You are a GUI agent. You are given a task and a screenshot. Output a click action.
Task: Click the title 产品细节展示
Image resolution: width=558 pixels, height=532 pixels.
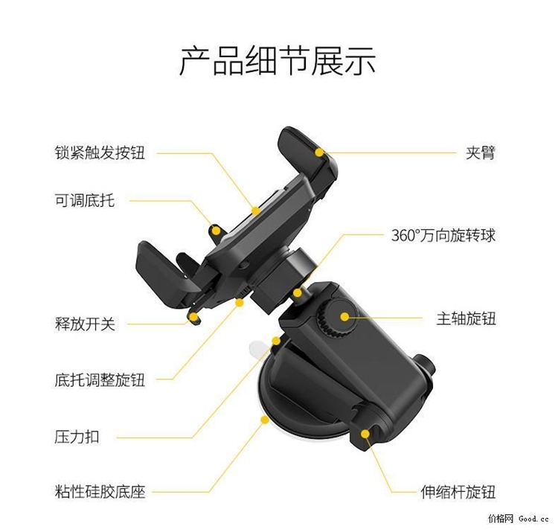click(278, 61)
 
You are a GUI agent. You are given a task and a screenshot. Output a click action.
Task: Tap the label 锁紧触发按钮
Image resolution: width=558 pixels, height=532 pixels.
click(100, 153)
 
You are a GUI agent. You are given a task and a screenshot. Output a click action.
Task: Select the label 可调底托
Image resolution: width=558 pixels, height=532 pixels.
click(85, 201)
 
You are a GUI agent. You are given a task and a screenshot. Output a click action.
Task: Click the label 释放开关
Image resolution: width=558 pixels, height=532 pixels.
click(85, 324)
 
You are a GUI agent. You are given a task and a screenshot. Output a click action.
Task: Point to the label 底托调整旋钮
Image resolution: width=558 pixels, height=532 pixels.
click(100, 379)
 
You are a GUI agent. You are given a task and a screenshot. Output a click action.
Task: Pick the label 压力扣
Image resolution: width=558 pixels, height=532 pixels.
click(77, 437)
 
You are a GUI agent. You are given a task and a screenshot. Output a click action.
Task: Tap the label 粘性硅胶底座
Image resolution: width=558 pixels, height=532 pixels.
click(100, 492)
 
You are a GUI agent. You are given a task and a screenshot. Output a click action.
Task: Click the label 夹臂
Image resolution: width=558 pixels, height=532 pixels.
click(481, 153)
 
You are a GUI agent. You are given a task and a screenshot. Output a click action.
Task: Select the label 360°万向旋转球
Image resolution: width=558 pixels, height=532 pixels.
click(443, 235)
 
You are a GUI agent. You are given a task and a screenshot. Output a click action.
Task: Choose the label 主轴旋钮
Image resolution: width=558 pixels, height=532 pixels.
click(466, 318)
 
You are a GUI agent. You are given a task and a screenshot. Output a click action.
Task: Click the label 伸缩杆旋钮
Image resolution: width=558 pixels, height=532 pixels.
click(458, 492)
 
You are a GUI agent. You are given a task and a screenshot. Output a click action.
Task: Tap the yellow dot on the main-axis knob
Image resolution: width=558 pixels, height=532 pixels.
click(344, 316)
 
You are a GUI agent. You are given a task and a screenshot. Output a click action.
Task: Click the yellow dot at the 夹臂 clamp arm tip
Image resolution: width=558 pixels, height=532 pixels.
click(319, 153)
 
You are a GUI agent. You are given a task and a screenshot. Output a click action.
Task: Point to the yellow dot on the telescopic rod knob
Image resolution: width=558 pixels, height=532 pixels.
click(365, 434)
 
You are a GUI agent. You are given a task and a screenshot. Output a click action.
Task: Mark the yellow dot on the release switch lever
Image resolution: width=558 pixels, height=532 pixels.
click(193, 317)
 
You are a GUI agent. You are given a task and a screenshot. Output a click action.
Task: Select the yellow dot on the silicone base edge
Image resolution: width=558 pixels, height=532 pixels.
click(264, 420)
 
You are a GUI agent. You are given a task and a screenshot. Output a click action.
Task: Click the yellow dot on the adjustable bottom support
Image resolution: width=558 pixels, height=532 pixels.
click(216, 231)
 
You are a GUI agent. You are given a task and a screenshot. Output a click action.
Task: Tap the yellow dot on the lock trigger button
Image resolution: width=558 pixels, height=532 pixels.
click(255, 211)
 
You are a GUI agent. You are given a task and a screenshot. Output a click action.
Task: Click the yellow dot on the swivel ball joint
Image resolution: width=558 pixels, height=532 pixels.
click(297, 293)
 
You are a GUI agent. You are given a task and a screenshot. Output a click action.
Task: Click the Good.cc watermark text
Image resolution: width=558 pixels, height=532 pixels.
click(533, 519)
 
